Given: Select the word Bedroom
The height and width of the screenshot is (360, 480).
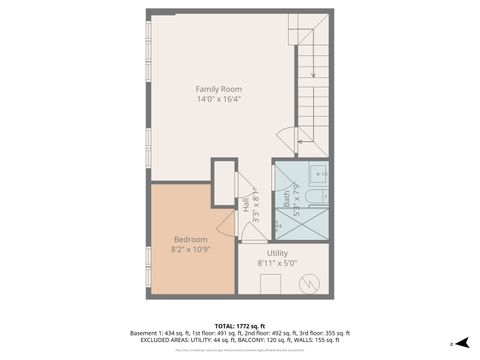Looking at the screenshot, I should [190, 239].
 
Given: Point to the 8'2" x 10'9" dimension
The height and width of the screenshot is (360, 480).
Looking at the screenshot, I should [190, 249].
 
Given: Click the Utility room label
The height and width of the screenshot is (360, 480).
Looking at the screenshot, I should [277, 253].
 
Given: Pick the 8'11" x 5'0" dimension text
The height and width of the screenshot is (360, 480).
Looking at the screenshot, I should [277, 264].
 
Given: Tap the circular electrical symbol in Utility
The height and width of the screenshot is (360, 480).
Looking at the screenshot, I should [314, 284].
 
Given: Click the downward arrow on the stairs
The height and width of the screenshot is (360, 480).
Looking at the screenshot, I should [313, 70].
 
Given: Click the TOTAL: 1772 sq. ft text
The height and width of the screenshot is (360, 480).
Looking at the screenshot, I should [240, 326].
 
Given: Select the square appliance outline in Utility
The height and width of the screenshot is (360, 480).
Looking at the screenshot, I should [271, 284].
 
